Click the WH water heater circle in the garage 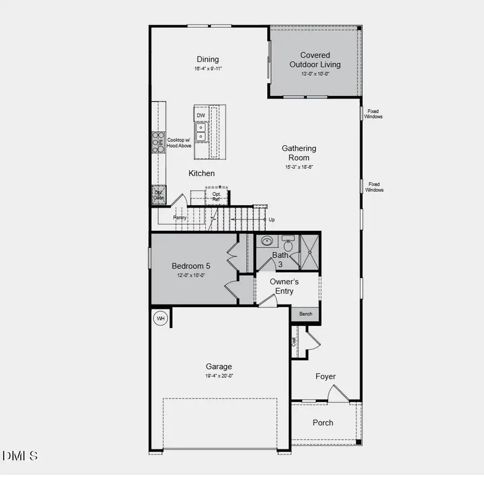[160, 318]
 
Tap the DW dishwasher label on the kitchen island [201, 116]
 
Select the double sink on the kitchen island [201, 132]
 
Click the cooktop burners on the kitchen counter [158, 143]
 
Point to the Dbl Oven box [159, 195]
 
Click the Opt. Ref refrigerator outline [216, 196]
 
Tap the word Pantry [180, 218]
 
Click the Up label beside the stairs [272, 220]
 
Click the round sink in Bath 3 [267, 241]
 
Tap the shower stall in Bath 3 [309, 252]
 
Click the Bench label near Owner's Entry [305, 314]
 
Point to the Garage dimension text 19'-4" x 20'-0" [218, 376]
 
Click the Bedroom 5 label [191, 266]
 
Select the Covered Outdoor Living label [315, 60]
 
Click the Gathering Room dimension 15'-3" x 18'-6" [298, 167]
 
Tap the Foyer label [325, 376]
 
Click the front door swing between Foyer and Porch [337, 396]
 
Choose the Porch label [323, 423]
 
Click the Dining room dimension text [208, 69]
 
